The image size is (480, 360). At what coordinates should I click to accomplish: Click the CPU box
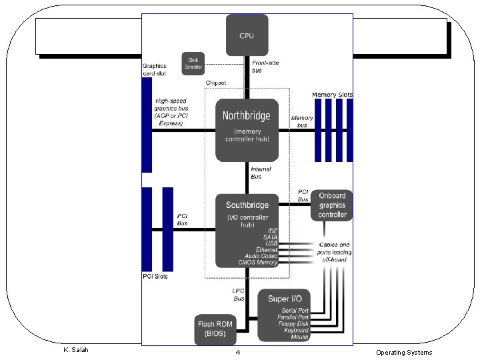(246, 35)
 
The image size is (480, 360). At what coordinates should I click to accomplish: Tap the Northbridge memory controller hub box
(246, 130)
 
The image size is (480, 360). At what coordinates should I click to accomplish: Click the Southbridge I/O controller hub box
(246, 231)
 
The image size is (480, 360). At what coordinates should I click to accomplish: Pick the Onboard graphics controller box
(331, 205)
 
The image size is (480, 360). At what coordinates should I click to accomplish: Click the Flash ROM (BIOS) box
(215, 329)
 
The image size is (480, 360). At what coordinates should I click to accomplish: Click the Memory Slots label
(332, 95)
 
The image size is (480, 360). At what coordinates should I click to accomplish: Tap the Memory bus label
(302, 121)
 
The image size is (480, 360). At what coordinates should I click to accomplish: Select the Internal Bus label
(261, 173)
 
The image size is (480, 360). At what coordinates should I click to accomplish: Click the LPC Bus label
(239, 295)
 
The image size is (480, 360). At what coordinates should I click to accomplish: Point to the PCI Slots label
(155, 277)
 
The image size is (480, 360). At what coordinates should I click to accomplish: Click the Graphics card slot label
(155, 69)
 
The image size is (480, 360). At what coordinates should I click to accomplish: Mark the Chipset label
(215, 83)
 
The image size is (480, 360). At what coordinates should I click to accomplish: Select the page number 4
(237, 352)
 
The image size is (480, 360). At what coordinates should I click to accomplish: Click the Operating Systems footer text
(403, 353)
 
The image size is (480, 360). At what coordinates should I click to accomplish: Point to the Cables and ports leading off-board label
(335, 252)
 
